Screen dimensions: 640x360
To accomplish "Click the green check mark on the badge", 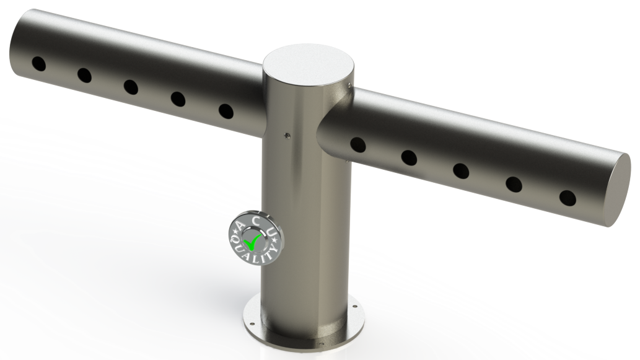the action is pyautogui.click(x=253, y=242).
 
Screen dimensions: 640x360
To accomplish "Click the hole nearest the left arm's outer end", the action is pyautogui.click(x=39, y=64).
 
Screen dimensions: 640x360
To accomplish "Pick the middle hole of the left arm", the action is pyautogui.click(x=131, y=87).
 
